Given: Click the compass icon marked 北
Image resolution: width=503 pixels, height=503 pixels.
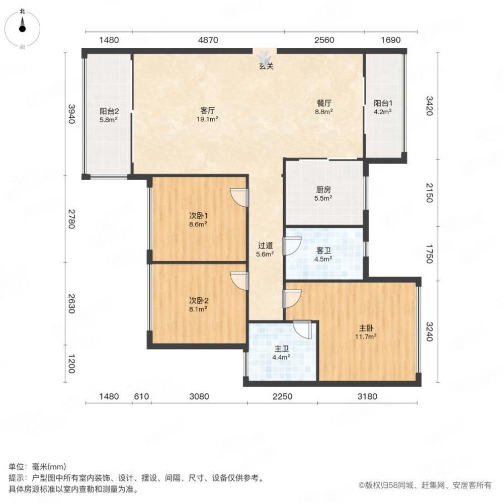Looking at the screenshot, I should click(22, 28).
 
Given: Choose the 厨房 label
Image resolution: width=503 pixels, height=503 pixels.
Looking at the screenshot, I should click(323, 190).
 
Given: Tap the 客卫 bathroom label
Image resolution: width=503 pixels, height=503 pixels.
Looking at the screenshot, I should click(323, 250).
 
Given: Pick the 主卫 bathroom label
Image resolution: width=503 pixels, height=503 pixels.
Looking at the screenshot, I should click(281, 348).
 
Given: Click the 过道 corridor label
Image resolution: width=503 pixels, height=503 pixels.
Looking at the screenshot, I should click(266, 245).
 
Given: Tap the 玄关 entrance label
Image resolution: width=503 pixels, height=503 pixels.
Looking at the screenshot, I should click(266, 66).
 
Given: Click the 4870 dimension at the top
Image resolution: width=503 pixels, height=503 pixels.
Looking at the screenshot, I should click(207, 41).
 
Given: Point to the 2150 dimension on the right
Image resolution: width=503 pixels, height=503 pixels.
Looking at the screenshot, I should click(429, 193).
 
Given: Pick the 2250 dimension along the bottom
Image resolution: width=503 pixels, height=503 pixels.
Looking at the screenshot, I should click(282, 396).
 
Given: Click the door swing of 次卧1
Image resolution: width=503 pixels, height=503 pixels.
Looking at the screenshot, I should click(239, 196).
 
